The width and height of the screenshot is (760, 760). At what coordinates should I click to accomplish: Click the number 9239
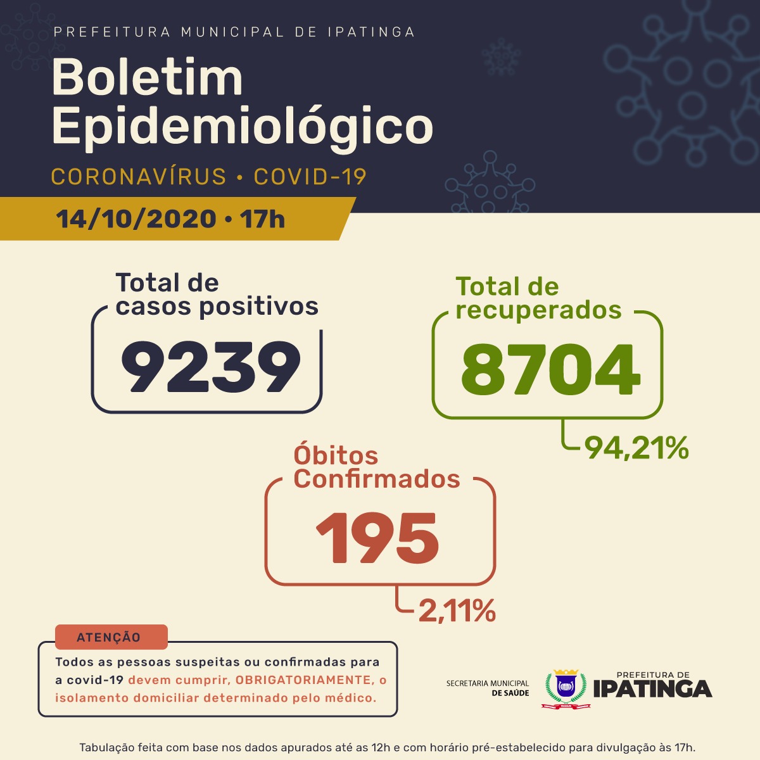click(x=211, y=367)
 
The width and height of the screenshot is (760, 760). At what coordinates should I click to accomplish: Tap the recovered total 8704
click(x=550, y=369)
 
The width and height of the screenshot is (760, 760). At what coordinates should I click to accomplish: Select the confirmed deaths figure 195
click(x=377, y=538)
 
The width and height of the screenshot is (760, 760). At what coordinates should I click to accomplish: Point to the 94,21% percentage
click(x=636, y=448)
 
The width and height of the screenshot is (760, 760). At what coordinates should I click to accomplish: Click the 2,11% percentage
click(x=457, y=611)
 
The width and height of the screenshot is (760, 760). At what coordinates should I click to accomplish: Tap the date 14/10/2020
click(x=136, y=219)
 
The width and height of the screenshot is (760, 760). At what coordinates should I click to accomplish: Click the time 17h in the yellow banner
click(x=262, y=219)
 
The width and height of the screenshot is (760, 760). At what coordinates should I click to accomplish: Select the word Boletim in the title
click(x=147, y=78)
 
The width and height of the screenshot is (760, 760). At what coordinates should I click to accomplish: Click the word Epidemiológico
click(x=242, y=127)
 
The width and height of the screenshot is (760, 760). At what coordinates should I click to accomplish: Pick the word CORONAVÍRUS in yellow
click(x=138, y=177)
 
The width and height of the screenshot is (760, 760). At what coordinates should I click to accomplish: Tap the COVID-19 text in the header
click(x=310, y=177)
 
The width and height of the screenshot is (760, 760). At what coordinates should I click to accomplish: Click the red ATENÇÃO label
click(x=109, y=638)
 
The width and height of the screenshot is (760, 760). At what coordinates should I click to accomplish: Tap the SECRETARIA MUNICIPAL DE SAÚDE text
click(x=488, y=688)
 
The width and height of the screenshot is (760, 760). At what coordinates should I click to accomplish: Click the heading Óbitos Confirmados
click(x=376, y=467)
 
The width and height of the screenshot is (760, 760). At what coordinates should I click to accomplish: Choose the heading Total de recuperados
click(x=538, y=298)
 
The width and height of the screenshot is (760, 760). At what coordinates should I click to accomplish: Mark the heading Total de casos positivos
click(x=217, y=294)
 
